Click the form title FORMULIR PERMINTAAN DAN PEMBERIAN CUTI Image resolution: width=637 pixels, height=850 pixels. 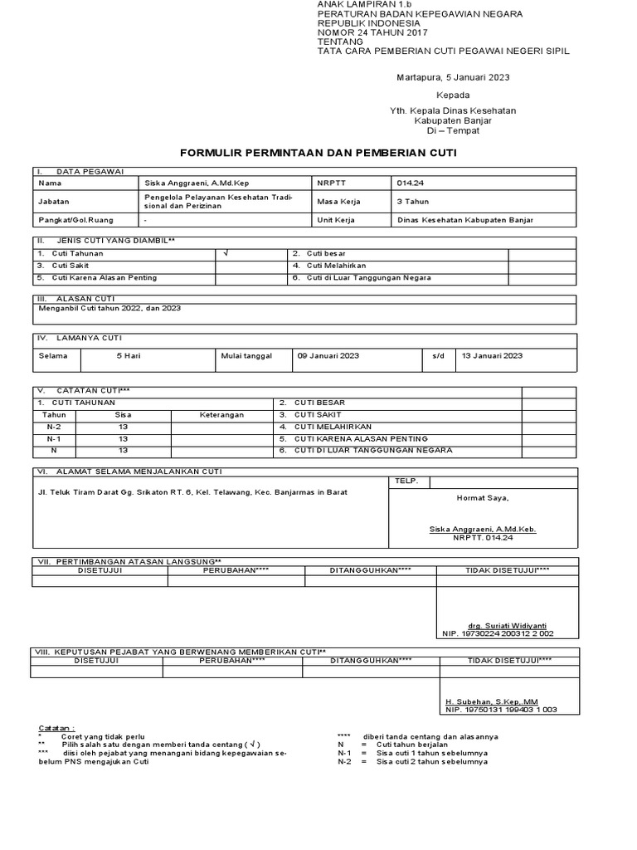point(318,154)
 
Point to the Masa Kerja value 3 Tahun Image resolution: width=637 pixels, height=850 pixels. point(413,201)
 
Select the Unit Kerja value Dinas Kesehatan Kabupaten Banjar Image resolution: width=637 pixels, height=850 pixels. point(464,220)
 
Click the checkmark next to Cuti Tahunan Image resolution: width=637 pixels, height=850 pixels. point(226,253)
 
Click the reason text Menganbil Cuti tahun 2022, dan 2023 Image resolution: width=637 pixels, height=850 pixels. point(109,308)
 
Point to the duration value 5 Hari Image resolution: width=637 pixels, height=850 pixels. point(129,355)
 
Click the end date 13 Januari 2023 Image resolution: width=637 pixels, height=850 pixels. point(492,355)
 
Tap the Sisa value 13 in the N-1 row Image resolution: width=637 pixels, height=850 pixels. point(123,438)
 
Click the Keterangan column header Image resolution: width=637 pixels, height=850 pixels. point(221,414)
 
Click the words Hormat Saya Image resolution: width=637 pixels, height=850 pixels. point(483,498)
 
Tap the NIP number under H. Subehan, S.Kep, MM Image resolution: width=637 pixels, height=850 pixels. point(501,710)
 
